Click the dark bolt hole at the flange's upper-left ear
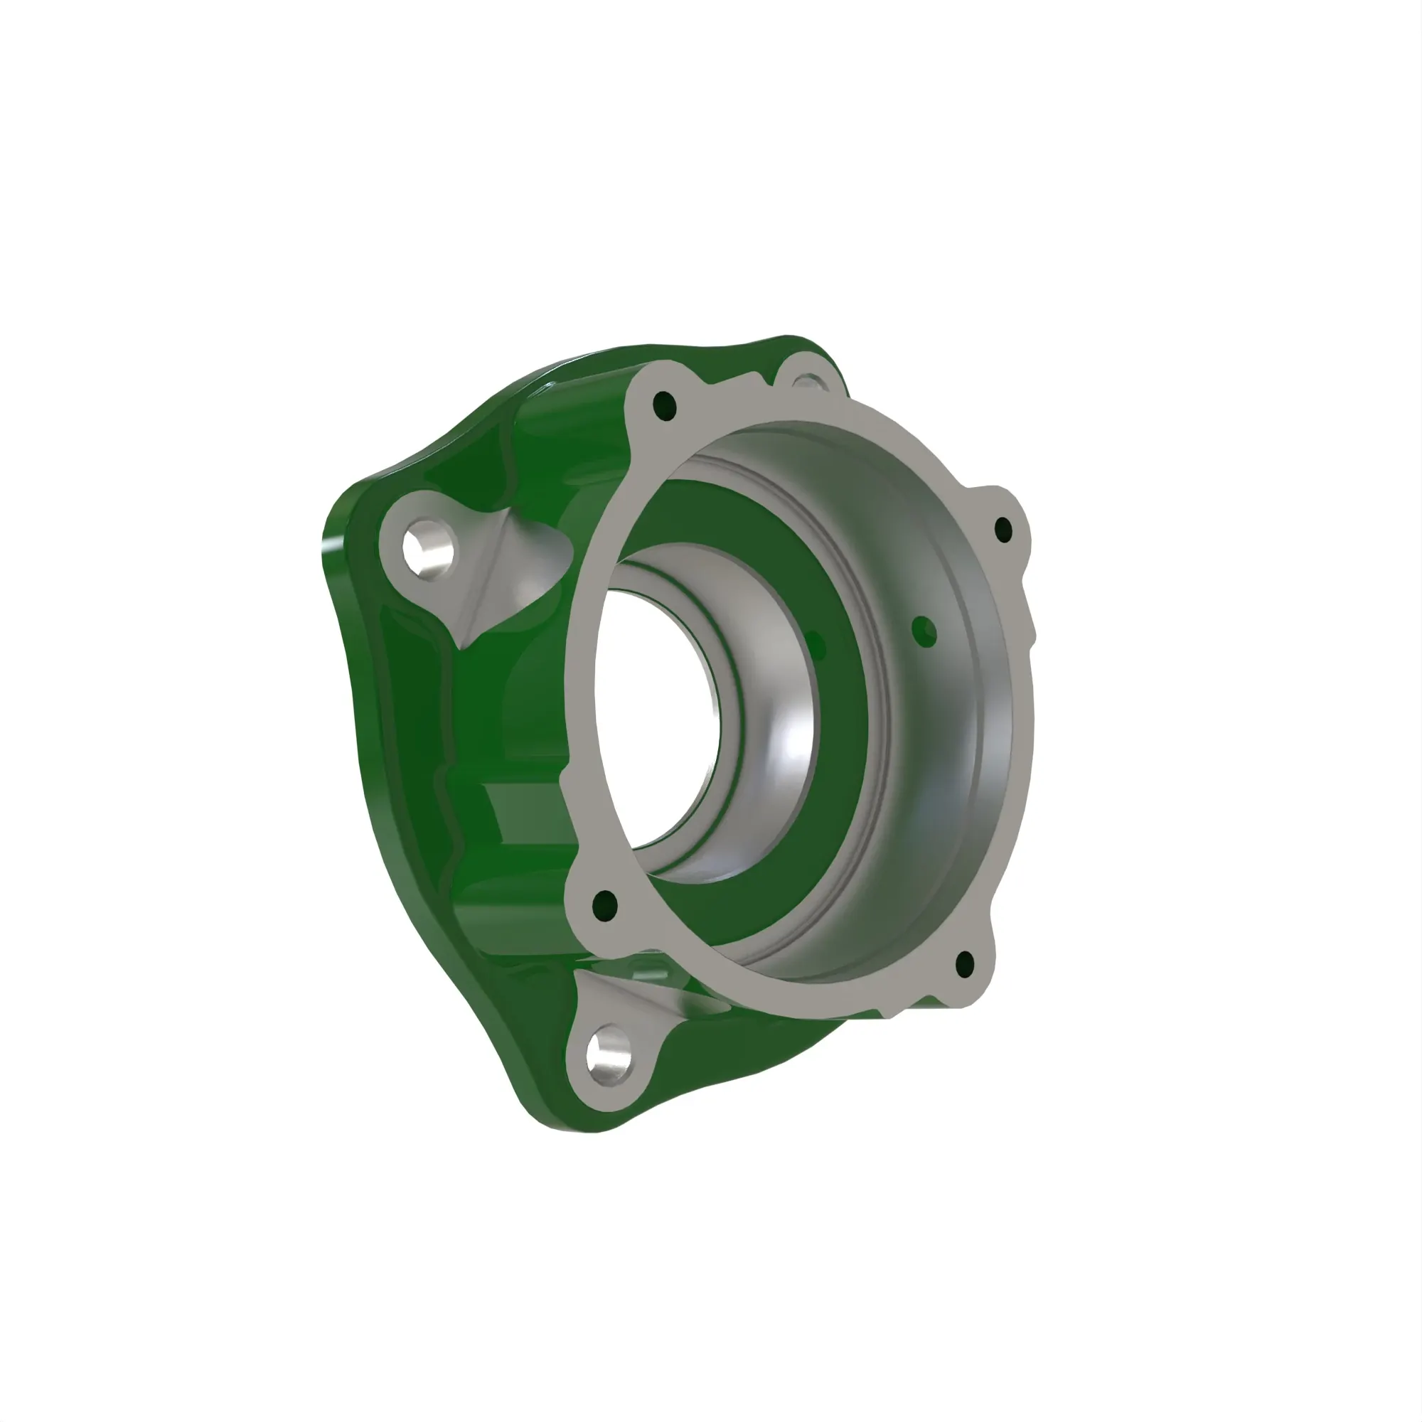[665, 405]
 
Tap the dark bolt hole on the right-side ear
[1003, 529]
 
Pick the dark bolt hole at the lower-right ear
[964, 963]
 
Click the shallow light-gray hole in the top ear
[811, 382]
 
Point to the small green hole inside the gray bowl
[924, 631]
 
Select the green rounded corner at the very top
[798, 343]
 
